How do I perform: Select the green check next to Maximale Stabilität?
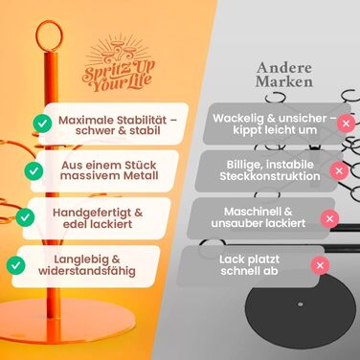42,123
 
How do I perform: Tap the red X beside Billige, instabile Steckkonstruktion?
338,171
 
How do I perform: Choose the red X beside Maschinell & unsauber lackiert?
330,218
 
